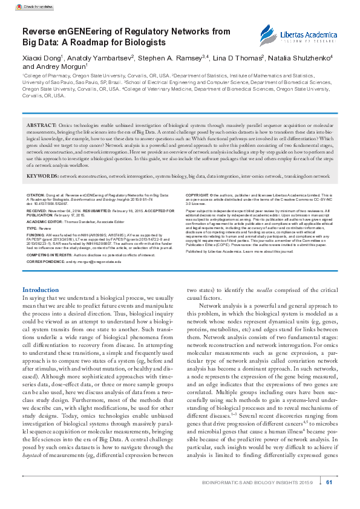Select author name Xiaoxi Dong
pos(42,58)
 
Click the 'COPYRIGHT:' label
pos(197,196)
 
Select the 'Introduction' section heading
pos(40,290)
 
